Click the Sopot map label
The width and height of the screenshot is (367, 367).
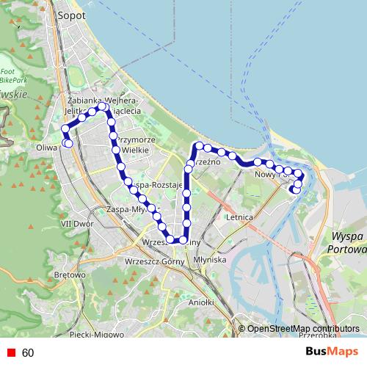(x=71, y=15)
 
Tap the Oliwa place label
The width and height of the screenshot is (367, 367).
(x=46, y=146)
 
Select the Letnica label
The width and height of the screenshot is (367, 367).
(x=240, y=218)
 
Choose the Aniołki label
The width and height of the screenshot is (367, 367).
(x=200, y=302)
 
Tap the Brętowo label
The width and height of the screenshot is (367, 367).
(x=70, y=275)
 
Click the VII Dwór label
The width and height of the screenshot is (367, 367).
(x=75, y=223)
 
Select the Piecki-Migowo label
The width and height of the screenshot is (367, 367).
(x=95, y=335)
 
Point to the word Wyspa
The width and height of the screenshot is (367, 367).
(x=347, y=236)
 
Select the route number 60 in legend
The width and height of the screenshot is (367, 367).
(x=28, y=353)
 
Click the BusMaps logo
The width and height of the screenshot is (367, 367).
(x=332, y=352)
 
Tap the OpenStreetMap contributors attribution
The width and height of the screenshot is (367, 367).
(x=303, y=329)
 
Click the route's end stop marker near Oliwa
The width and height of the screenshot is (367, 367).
(x=68, y=143)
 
